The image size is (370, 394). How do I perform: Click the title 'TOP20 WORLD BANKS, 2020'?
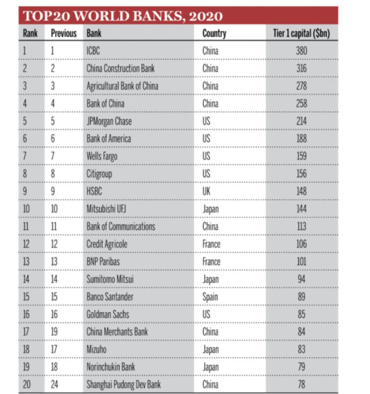[123, 16]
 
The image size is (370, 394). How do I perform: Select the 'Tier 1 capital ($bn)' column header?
[301, 33]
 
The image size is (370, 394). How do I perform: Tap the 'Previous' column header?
[64, 33]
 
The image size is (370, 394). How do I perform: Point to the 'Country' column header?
[214, 33]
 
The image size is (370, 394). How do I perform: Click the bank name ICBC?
[93, 51]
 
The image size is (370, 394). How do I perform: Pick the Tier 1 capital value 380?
[301, 51]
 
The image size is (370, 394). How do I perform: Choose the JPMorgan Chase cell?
[109, 121]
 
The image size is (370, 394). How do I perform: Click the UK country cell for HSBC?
[207, 191]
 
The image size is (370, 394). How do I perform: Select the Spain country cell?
[210, 297]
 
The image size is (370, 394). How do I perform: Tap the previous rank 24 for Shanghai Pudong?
[54, 384]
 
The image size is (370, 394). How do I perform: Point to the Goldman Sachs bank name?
[108, 314]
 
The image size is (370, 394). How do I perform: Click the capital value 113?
[301, 226]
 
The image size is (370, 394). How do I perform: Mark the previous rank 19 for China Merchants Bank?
[54, 332]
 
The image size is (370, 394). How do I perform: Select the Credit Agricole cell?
[107, 244]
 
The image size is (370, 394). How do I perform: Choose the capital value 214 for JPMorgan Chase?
[301, 121]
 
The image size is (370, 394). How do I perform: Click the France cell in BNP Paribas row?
[211, 262]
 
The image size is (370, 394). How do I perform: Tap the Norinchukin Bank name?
[111, 367]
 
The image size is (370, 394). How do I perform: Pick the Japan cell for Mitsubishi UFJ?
[211, 209]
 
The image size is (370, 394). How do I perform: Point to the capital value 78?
[301, 384]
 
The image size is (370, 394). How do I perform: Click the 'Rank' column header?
[30, 33]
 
